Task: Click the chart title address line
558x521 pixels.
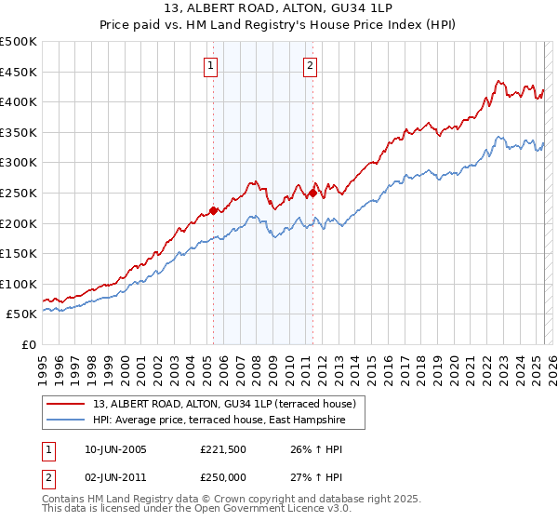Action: [279, 10]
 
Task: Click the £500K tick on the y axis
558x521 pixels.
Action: [20, 42]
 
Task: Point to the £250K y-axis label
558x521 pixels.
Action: [20, 193]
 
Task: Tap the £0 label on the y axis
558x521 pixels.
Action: [31, 344]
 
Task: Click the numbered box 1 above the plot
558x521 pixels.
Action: [213, 65]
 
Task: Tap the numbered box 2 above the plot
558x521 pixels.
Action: [310, 65]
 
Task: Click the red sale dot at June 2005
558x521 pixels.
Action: [213, 210]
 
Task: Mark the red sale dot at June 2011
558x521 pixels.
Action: [312, 193]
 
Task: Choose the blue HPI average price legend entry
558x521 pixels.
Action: [219, 421]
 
